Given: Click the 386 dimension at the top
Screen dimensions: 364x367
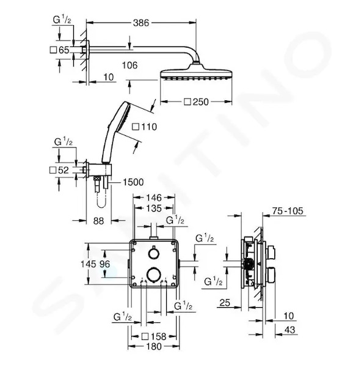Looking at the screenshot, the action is pyautogui.click(x=141, y=23).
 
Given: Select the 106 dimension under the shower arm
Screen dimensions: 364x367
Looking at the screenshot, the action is pyautogui.click(x=130, y=65).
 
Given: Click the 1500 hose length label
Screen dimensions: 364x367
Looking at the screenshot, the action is pyautogui.click(x=133, y=182).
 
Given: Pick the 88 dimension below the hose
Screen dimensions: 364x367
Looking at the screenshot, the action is pyautogui.click(x=98, y=221).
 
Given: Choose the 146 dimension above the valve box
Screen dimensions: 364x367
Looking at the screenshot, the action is pyautogui.click(x=154, y=198).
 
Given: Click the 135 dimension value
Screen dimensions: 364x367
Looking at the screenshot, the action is pyautogui.click(x=154, y=208).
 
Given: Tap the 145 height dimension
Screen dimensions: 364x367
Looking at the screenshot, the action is pyautogui.click(x=89, y=264).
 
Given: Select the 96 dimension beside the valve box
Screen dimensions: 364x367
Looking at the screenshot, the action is pyautogui.click(x=104, y=264).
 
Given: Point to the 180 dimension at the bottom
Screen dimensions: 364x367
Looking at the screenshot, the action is pyautogui.click(x=154, y=346).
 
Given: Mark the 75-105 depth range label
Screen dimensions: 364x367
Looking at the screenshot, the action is pyautogui.click(x=288, y=211).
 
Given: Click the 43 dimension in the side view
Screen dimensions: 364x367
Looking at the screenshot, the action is pyautogui.click(x=289, y=330).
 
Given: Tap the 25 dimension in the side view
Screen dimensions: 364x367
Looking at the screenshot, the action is pyautogui.click(x=225, y=303).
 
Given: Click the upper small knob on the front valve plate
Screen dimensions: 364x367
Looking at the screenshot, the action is pyautogui.click(x=153, y=253).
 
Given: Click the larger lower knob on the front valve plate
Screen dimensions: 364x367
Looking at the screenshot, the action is pyautogui.click(x=153, y=273).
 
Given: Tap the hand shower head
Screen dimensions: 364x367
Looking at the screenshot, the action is pyautogui.click(x=123, y=116).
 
